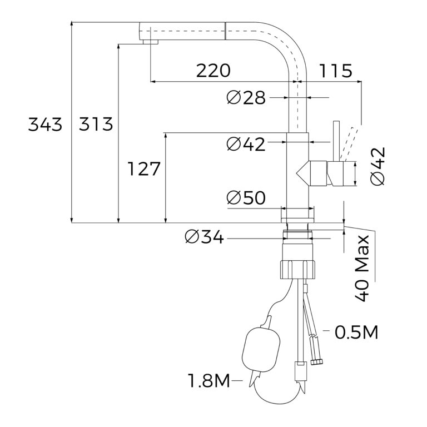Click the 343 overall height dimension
point(45,125)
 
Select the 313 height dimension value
point(96,125)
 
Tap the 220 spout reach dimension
point(213,71)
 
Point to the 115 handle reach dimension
point(335,71)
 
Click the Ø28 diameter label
point(246,98)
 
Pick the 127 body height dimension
point(144,168)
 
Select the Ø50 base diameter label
point(246,198)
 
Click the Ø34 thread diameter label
point(204,237)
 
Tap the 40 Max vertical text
point(362,268)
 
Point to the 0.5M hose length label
point(356,332)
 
